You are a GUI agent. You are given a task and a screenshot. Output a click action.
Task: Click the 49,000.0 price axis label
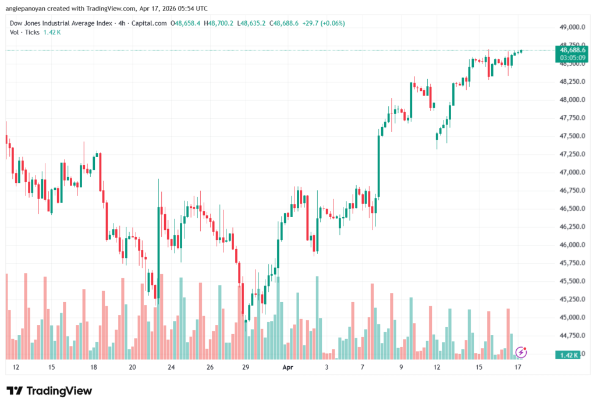(x=567, y=27)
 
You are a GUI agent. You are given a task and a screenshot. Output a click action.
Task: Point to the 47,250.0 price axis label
(x=567, y=154)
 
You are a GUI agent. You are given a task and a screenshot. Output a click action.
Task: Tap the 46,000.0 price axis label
(x=567, y=245)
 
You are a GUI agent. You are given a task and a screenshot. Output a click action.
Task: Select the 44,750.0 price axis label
(x=567, y=335)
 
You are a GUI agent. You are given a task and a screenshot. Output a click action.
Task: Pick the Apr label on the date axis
(x=287, y=367)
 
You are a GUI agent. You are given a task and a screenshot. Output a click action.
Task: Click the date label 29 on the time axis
(x=246, y=367)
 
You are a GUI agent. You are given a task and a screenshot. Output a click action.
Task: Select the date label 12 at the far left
(x=16, y=367)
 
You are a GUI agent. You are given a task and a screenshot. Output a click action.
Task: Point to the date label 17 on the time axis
(x=517, y=367)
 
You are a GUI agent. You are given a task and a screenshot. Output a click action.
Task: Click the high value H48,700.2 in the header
(x=221, y=23)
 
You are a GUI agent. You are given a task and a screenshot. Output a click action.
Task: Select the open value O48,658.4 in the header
(x=186, y=23)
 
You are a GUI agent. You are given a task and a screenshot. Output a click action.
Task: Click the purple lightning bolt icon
(x=521, y=352)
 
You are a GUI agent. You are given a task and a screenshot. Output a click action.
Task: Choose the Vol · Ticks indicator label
(x=24, y=32)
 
